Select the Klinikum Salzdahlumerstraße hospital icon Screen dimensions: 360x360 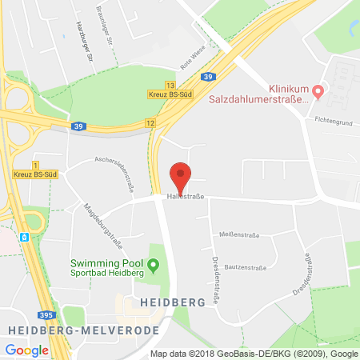[x=318, y=93]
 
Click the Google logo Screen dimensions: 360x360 [x=27, y=350]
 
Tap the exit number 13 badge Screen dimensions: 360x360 [x=170, y=84]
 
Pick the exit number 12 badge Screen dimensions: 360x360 [x=150, y=122]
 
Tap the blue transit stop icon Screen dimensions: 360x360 [x=25, y=237]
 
